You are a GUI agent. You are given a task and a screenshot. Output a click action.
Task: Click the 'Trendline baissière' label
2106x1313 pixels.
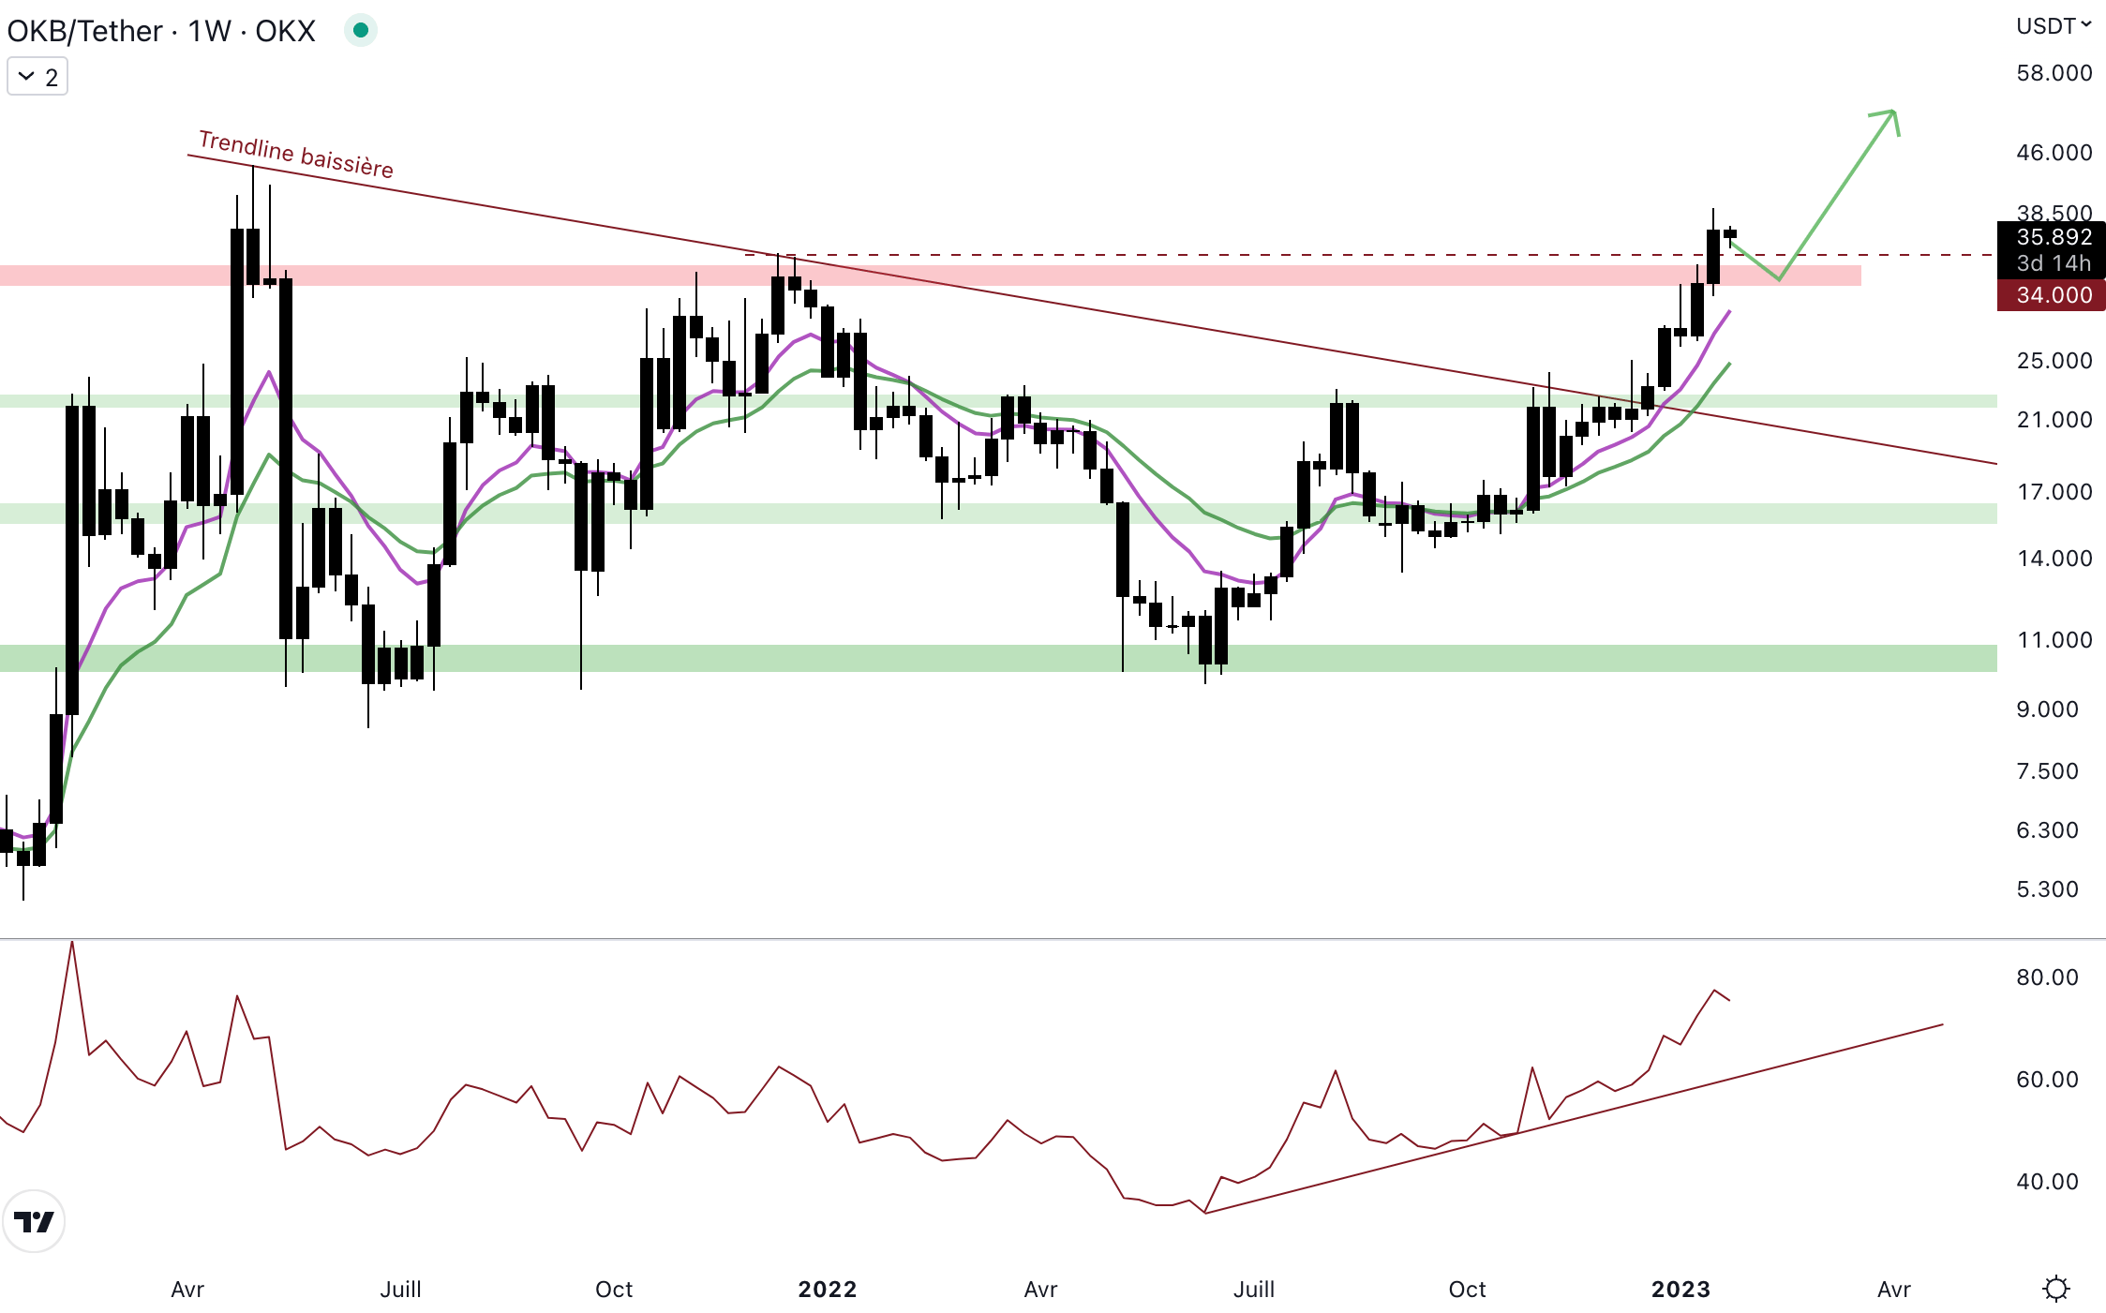pyautogui.click(x=296, y=155)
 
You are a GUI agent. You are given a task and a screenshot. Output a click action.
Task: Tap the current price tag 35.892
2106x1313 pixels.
pyautogui.click(x=2053, y=237)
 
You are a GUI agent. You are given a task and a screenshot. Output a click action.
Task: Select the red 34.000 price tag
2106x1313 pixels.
pyautogui.click(x=2053, y=295)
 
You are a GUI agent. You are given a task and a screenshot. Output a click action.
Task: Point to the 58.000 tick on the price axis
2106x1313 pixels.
pyautogui.click(x=2054, y=73)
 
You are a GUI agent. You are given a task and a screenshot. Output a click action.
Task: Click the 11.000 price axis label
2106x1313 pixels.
pyautogui.click(x=2054, y=640)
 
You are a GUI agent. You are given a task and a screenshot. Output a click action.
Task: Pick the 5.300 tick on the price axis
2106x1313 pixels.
pyautogui.click(x=2047, y=889)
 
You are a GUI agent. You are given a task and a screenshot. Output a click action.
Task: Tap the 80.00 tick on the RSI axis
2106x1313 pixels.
pyautogui.click(x=2047, y=977)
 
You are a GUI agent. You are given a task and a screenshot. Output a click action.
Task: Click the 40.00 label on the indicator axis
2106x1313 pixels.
pyautogui.click(x=2047, y=1182)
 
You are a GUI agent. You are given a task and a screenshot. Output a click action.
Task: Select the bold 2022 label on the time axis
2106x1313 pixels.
pyautogui.click(x=827, y=1290)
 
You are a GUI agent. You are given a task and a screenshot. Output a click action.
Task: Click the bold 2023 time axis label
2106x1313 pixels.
pyautogui.click(x=1680, y=1290)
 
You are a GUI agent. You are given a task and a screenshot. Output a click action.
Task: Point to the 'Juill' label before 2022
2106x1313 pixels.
pyautogui.click(x=400, y=1290)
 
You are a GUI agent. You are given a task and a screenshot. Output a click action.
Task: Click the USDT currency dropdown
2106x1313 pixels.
pyautogui.click(x=2053, y=26)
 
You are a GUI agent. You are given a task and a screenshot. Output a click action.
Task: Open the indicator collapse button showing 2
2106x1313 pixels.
pyautogui.click(x=37, y=77)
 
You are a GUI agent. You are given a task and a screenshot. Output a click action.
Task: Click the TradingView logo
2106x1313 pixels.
pyautogui.click(x=34, y=1221)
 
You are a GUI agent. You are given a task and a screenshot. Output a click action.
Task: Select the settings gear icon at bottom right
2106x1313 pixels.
pyautogui.click(x=2055, y=1289)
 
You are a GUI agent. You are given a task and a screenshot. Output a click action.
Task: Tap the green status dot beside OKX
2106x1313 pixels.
pyautogui.click(x=360, y=31)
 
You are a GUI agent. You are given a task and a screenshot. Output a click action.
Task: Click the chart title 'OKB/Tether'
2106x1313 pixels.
pyautogui.click(x=84, y=31)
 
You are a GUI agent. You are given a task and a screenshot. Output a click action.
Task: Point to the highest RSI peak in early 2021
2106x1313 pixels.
pyautogui.click(x=72, y=943)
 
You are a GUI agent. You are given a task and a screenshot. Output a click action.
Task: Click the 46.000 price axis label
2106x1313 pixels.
pyautogui.click(x=2054, y=153)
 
